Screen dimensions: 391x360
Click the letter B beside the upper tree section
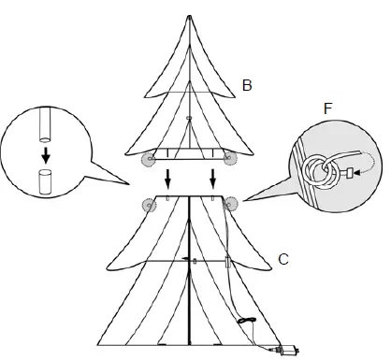pyautogui.click(x=247, y=86)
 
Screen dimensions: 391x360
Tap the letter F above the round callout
pyautogui.click(x=326, y=109)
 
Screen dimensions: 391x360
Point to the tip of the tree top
pyautogui.click(x=190, y=16)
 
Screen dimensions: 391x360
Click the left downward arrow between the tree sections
pyautogui.click(x=168, y=178)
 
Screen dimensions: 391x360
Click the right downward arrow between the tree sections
pyautogui.click(x=213, y=178)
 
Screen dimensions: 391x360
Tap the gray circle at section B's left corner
pyautogui.click(x=147, y=159)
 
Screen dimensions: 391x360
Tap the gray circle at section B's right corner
pyautogui.click(x=231, y=159)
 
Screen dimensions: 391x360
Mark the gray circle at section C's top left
pyautogui.click(x=147, y=205)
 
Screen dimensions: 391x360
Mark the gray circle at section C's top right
pyautogui.click(x=231, y=205)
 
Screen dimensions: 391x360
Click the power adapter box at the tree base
pyautogui.click(x=288, y=352)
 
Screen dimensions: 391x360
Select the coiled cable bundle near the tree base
pyautogui.click(x=246, y=323)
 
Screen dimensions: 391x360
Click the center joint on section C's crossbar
pyautogui.click(x=191, y=260)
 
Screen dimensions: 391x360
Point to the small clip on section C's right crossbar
pyautogui.click(x=227, y=258)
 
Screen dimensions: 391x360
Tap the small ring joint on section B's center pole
pyautogui.click(x=190, y=118)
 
